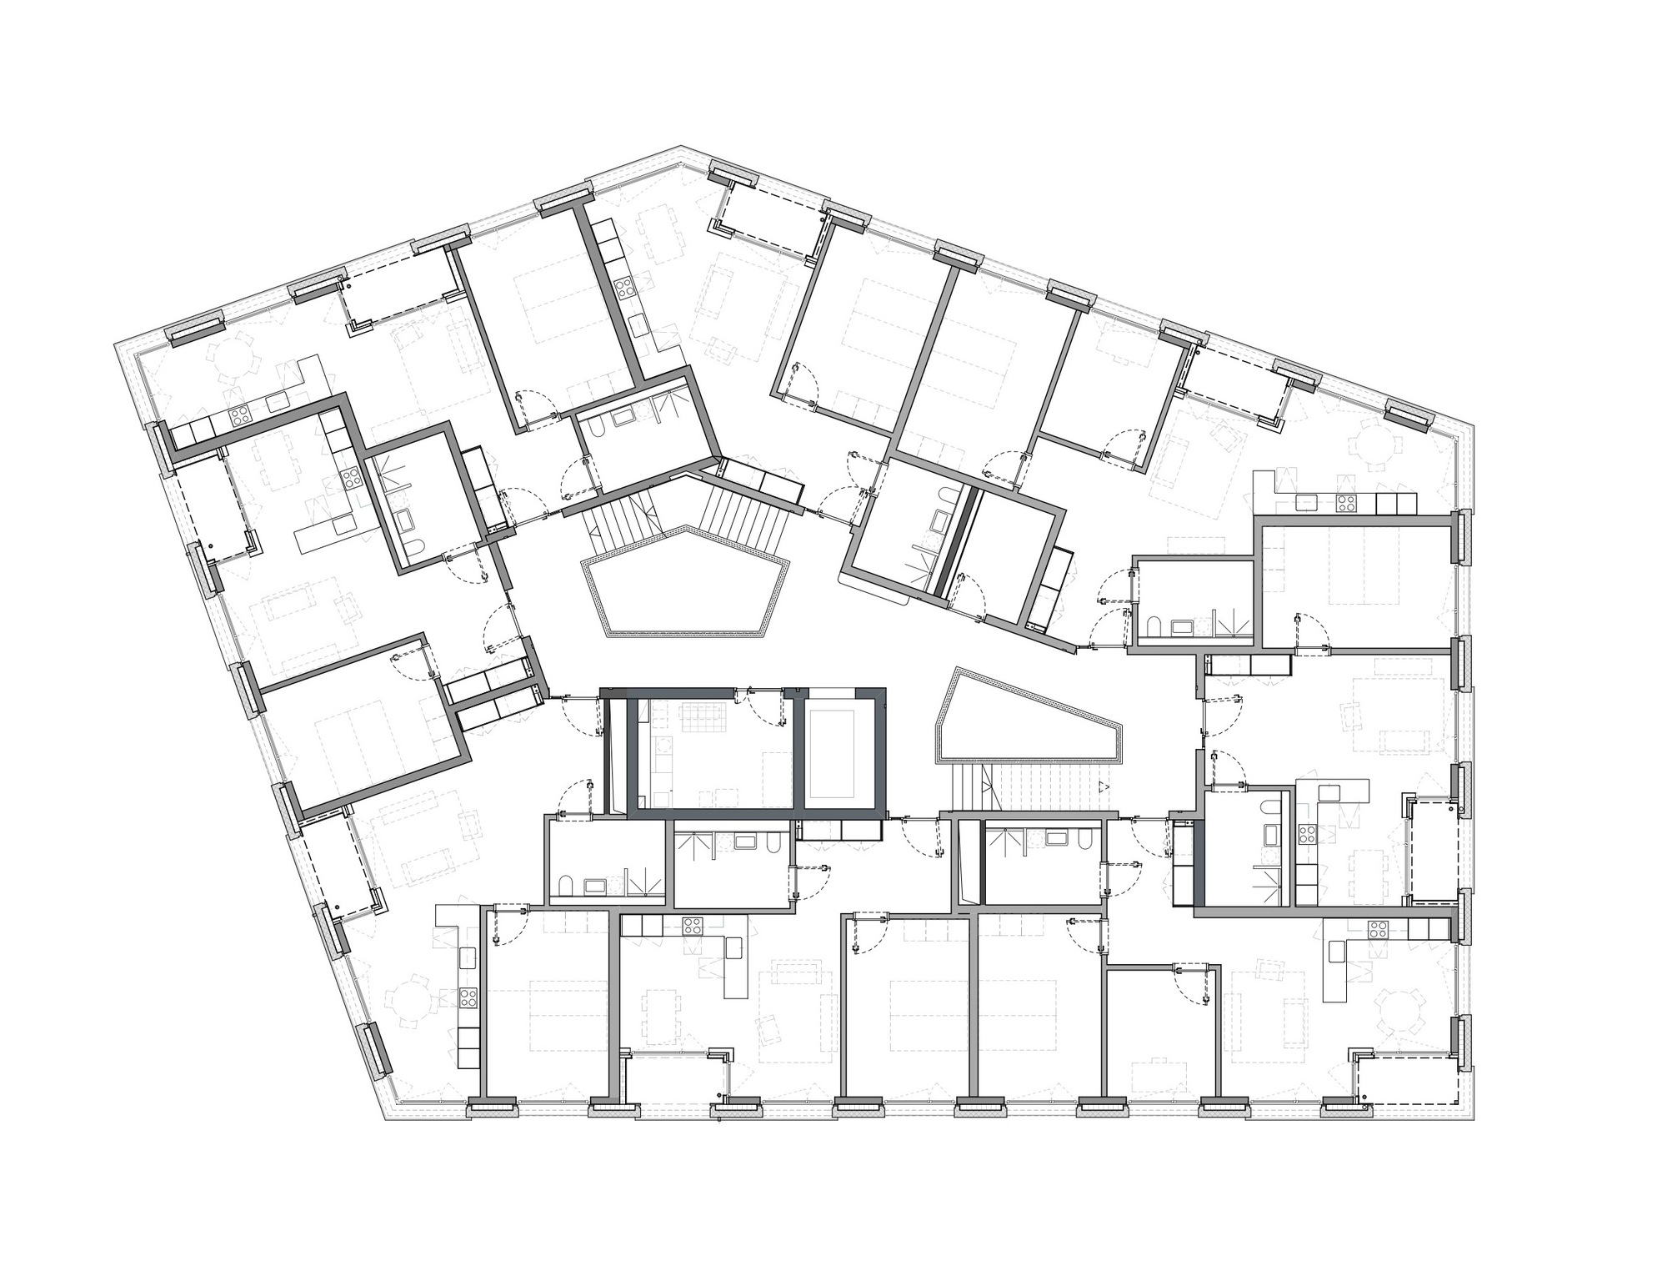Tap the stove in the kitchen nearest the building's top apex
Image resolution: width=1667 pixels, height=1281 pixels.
625,289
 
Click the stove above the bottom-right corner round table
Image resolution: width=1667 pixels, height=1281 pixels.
1377,929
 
